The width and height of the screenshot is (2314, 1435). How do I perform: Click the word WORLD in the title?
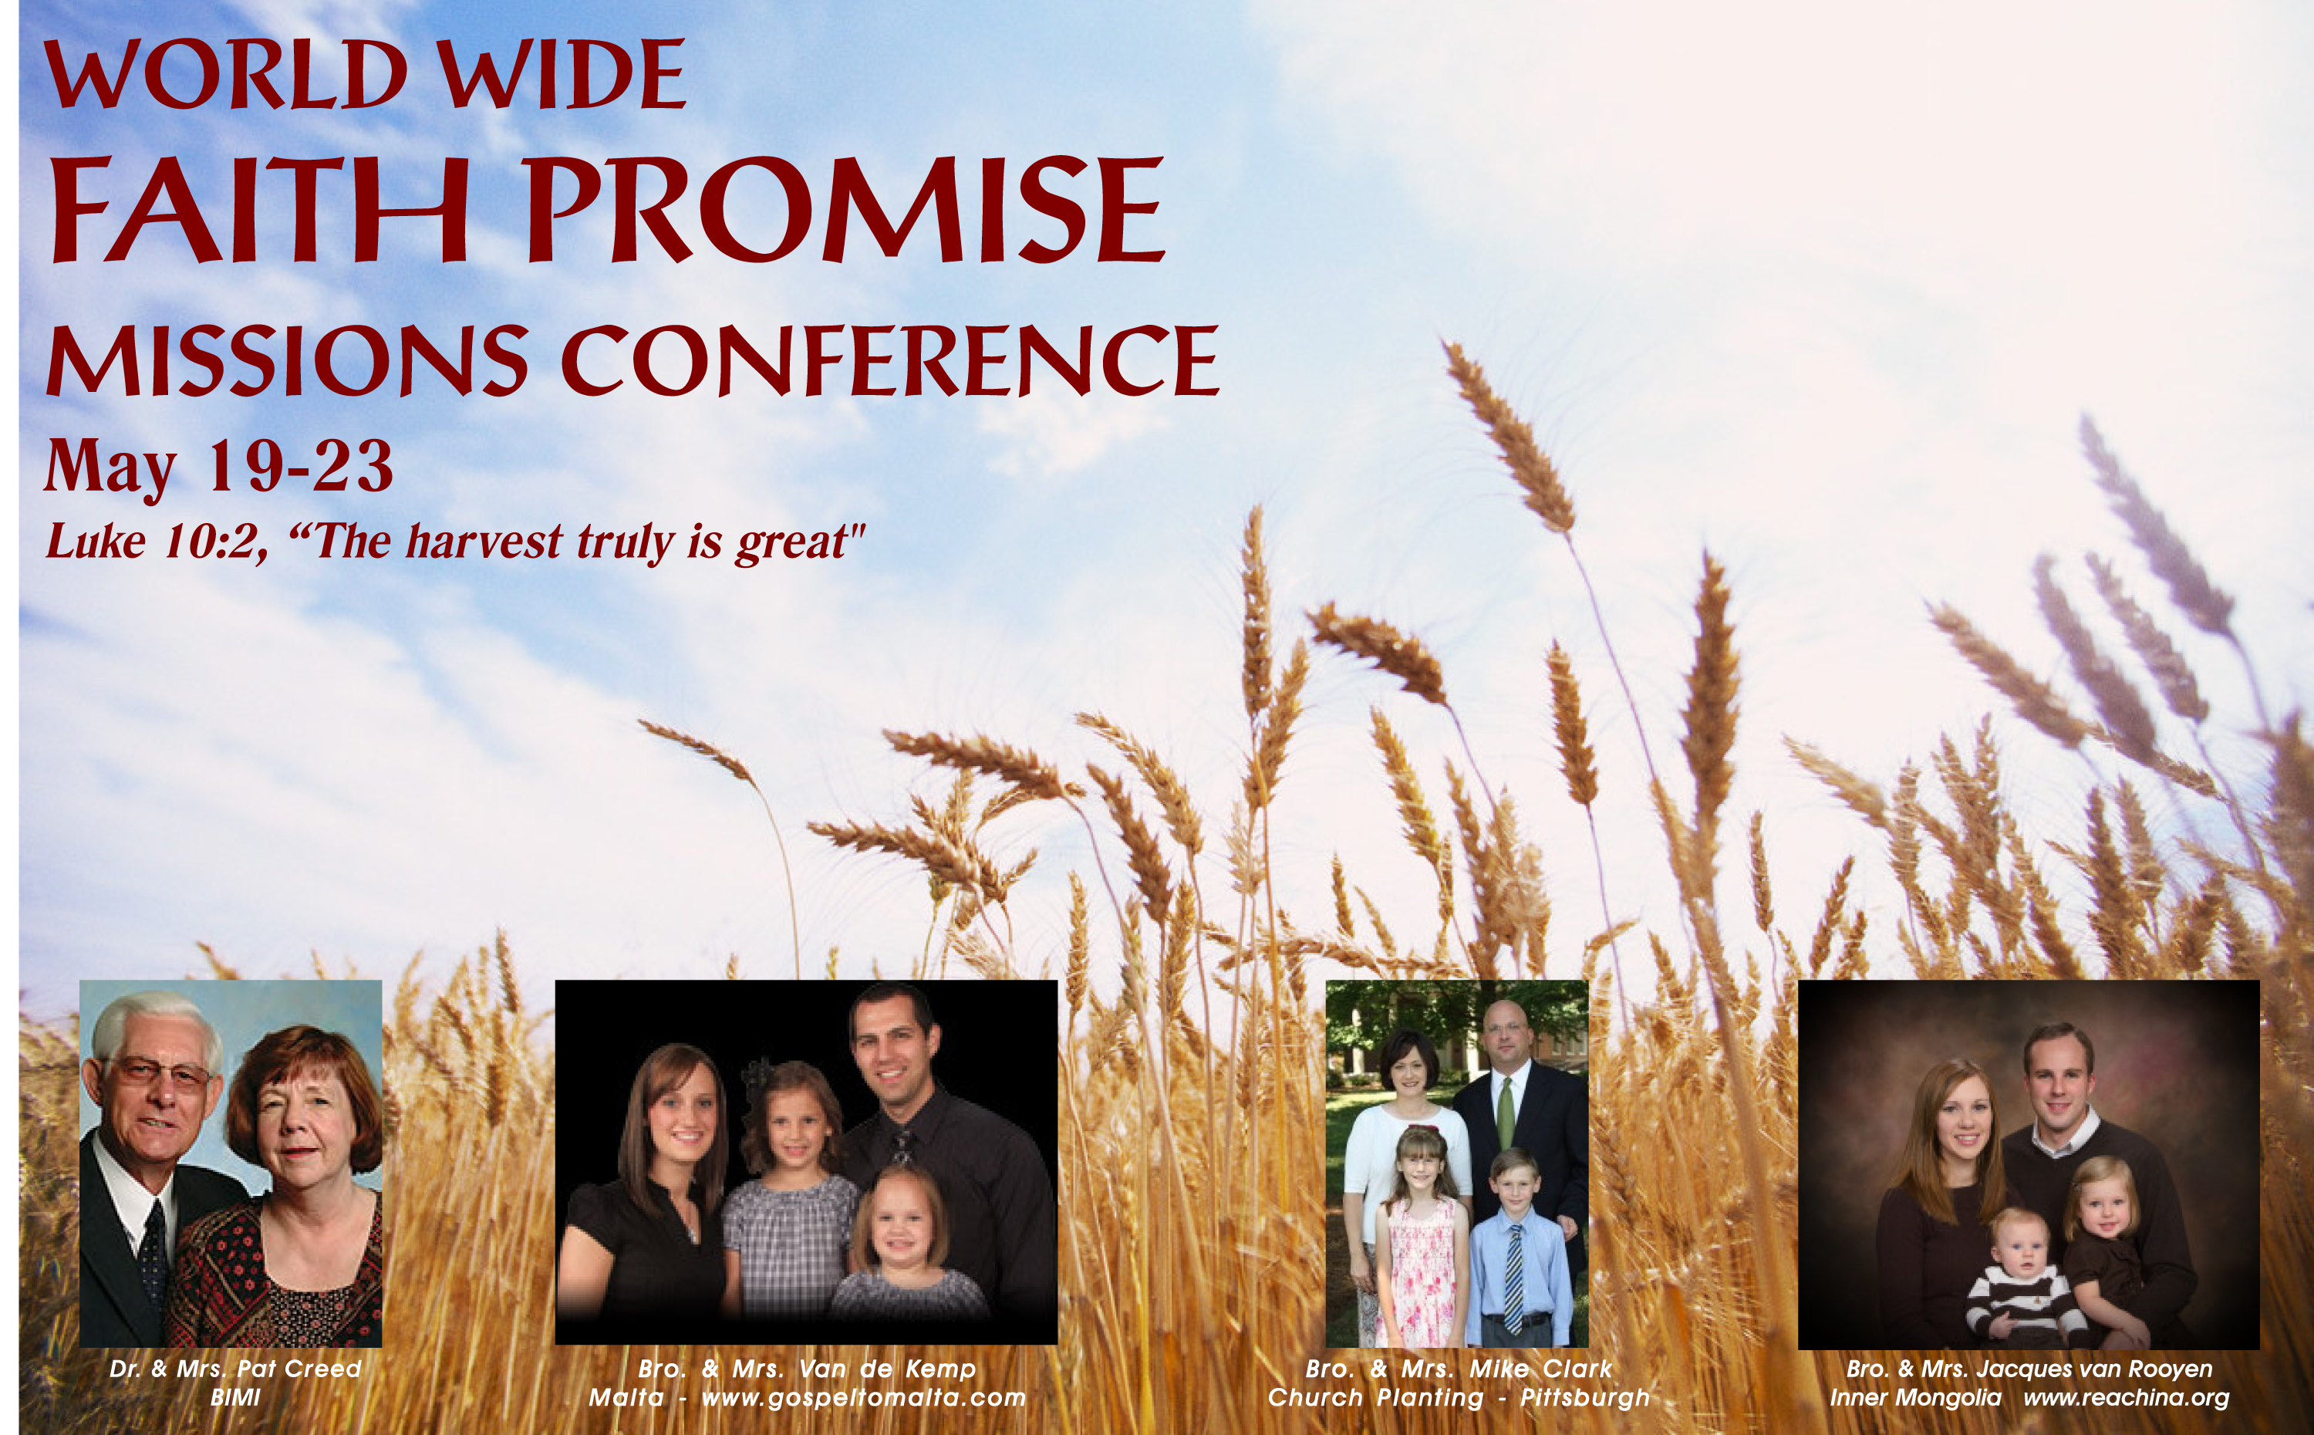point(227,75)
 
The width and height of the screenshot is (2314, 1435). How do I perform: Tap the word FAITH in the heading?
point(259,209)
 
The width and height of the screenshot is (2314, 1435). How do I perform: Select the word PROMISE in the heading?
point(845,209)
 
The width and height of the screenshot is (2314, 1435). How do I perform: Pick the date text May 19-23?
point(218,468)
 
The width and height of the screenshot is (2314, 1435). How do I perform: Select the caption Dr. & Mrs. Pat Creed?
point(235,1369)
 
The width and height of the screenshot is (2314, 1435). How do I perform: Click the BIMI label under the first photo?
point(235,1397)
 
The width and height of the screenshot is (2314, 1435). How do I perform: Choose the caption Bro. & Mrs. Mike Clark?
point(1459,1369)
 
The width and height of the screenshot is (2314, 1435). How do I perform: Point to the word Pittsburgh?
point(1584,1398)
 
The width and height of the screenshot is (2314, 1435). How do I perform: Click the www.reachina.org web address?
point(2126,1398)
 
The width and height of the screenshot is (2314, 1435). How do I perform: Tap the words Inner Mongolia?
point(1915,1398)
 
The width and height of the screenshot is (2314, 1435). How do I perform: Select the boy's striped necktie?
point(1515,1277)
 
